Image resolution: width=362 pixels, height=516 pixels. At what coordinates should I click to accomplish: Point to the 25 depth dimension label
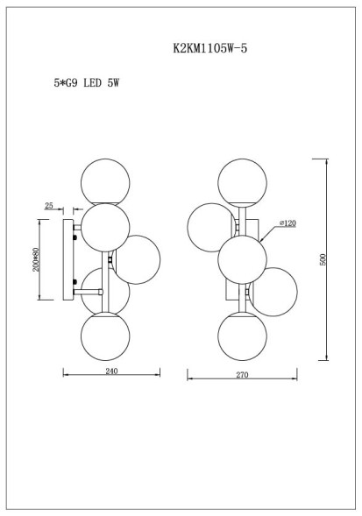click(x=49, y=206)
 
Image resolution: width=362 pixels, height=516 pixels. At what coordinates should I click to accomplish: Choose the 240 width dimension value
click(x=111, y=372)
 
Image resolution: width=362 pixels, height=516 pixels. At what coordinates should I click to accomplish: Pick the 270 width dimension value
click(x=243, y=375)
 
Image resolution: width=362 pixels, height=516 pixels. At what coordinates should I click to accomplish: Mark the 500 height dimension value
click(x=323, y=260)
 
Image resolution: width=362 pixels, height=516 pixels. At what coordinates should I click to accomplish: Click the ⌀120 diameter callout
click(x=287, y=224)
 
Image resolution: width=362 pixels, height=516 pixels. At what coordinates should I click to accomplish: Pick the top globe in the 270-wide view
click(x=242, y=182)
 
